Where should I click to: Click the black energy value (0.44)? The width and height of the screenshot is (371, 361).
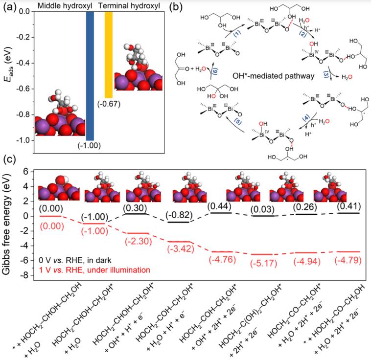pyautogui.click(x=220, y=206)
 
